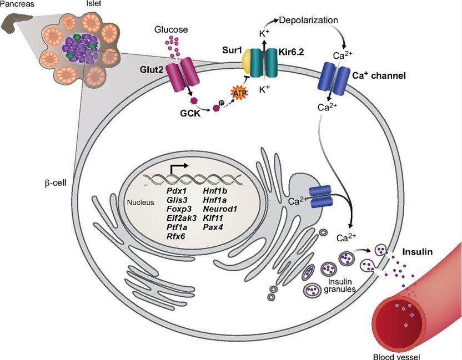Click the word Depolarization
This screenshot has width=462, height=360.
[309, 20]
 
